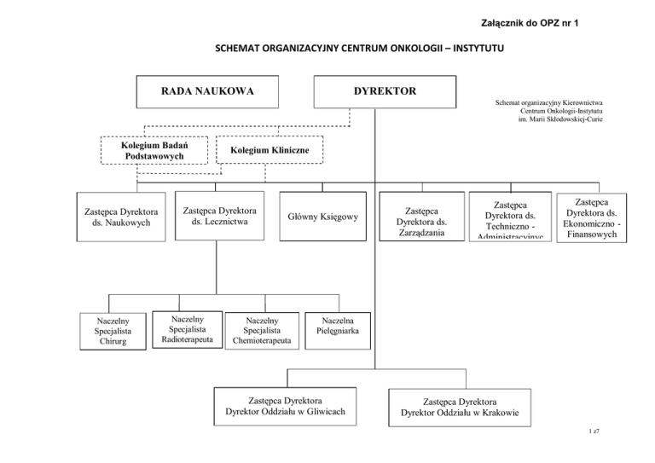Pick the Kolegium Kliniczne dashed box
pyautogui.click(x=269, y=151)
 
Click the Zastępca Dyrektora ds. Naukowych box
pyautogui.click(x=118, y=217)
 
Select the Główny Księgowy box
pyautogui.click(x=323, y=217)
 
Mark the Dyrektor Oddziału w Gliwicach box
pyautogui.click(x=284, y=406)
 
